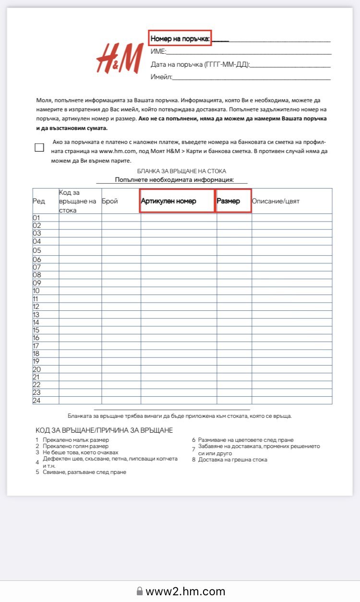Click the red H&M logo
click(x=120, y=58)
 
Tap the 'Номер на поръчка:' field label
click(x=180, y=39)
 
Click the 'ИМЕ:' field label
click(x=158, y=52)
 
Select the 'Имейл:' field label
click(x=161, y=77)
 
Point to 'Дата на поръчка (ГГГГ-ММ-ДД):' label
click(x=200, y=64)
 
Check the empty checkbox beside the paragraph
click(x=39, y=147)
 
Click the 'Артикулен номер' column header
click(x=168, y=201)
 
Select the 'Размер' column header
click(x=228, y=201)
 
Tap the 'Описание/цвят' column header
click(x=276, y=201)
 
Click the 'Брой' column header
click(x=110, y=201)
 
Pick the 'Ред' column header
click(x=39, y=201)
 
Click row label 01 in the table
click(x=37, y=218)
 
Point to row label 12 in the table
click(x=36, y=307)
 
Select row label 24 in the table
click(x=37, y=401)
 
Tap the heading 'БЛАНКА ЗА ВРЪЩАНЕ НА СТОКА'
click(x=181, y=171)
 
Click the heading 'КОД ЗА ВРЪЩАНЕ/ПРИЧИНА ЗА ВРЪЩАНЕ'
click(x=104, y=430)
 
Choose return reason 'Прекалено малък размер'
click(x=75, y=440)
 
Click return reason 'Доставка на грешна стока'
click(x=232, y=460)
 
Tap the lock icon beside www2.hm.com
click(x=140, y=591)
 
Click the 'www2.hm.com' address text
click(x=185, y=591)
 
